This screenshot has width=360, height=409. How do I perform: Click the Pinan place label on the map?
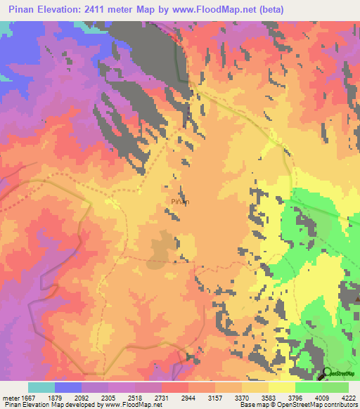pyautogui.click(x=180, y=202)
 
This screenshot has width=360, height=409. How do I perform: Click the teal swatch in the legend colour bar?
pyautogui.click(x=41, y=387)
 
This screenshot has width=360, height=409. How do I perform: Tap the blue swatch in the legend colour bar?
pyautogui.click(x=68, y=387)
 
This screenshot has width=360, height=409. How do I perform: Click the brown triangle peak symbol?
pyautogui.click(x=357, y=299)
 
